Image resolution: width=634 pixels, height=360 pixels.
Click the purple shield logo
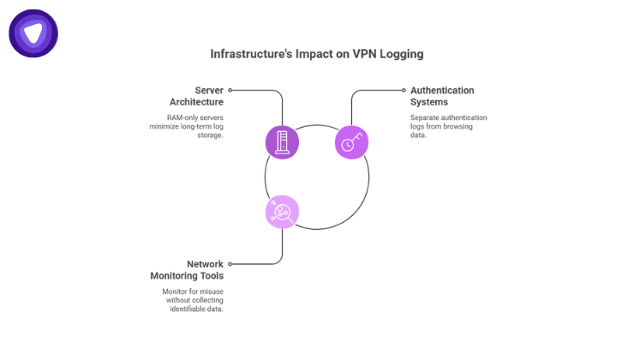point(33,33)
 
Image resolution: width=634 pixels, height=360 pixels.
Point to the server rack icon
point(283,141)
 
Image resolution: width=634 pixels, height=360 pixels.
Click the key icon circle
point(351,141)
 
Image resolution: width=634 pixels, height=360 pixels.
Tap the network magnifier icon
point(283,212)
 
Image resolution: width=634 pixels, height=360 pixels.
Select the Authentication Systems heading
point(442,96)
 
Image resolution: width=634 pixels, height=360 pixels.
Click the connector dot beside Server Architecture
point(230,90)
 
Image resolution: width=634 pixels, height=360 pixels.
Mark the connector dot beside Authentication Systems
point(404,90)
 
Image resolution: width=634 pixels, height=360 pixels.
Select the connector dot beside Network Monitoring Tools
point(230,264)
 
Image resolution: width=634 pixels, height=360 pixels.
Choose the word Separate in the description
point(426,117)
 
